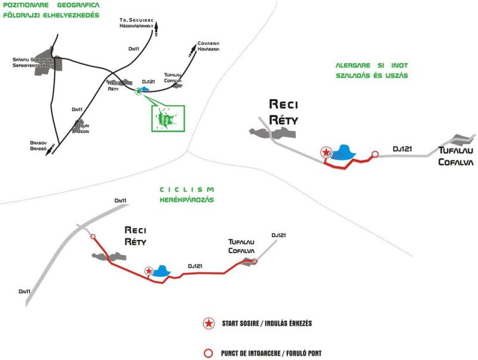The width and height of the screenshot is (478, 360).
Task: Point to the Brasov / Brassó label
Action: tap(38, 146)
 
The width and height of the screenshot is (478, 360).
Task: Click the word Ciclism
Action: tap(186, 189)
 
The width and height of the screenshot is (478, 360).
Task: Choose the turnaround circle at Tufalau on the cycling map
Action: tap(255, 261)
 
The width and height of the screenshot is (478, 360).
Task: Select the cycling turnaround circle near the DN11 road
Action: tap(93, 236)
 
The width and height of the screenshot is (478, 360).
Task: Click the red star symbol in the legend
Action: tap(209, 323)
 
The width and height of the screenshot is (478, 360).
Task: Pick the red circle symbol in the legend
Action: tap(209, 353)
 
